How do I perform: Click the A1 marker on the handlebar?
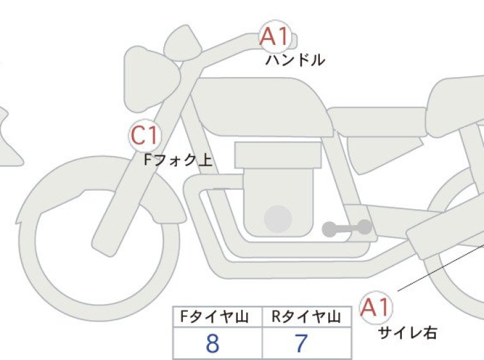click(275, 37)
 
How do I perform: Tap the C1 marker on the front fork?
click(145, 135)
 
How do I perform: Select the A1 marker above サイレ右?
click(376, 307)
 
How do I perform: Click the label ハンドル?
click(295, 60)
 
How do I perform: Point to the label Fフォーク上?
click(178, 160)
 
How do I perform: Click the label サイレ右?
click(408, 333)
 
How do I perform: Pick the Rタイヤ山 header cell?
click(307, 317)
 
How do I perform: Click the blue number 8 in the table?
click(212, 343)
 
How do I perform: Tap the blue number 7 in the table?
click(301, 343)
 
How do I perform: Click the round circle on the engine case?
click(278, 219)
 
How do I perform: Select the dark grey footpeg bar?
click(347, 228)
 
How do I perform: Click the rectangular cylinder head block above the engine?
click(278, 155)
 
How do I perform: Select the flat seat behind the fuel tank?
click(377, 121)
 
